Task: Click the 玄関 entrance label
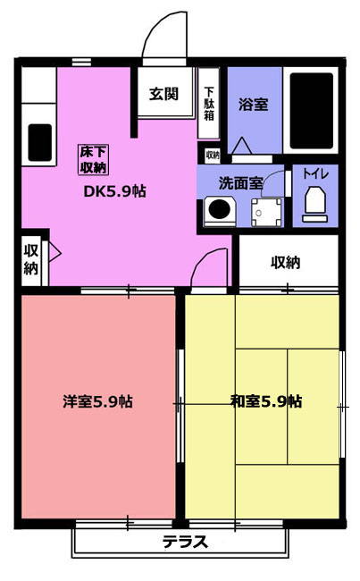(x=163, y=94)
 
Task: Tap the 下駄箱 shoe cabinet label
(x=209, y=104)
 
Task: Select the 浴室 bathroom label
(x=254, y=105)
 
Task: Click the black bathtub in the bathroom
(x=311, y=111)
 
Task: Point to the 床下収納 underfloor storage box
(x=93, y=160)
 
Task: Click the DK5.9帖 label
(x=115, y=191)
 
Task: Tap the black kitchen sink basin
(x=40, y=142)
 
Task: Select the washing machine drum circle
(x=220, y=209)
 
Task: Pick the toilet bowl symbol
(x=314, y=205)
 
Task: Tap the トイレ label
(x=315, y=173)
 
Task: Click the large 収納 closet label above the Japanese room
(x=285, y=263)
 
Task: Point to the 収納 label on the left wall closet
(x=31, y=259)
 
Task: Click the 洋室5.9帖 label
(x=97, y=401)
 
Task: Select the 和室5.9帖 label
(x=266, y=401)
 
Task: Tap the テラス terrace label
(x=185, y=542)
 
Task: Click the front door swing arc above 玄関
(x=155, y=27)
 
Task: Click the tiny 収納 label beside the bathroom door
(x=213, y=156)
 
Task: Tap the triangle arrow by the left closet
(x=54, y=253)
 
